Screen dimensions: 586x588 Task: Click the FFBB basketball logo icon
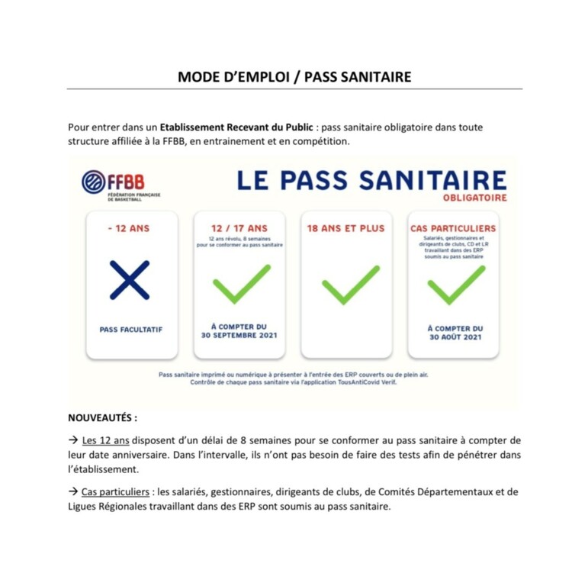93,182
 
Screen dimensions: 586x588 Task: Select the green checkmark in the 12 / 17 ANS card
240,284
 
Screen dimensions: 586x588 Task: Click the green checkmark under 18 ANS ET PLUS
350,284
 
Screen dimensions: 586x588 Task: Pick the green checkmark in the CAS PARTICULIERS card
455,284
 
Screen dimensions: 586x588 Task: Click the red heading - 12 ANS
130,228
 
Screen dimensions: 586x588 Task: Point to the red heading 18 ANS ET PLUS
345,228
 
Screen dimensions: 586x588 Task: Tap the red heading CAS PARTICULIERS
453,228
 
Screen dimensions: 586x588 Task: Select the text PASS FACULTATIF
131,330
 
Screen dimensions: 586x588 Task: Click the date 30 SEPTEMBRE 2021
239,336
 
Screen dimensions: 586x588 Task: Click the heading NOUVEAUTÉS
103,418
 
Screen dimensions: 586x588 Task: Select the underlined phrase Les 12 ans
106,440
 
